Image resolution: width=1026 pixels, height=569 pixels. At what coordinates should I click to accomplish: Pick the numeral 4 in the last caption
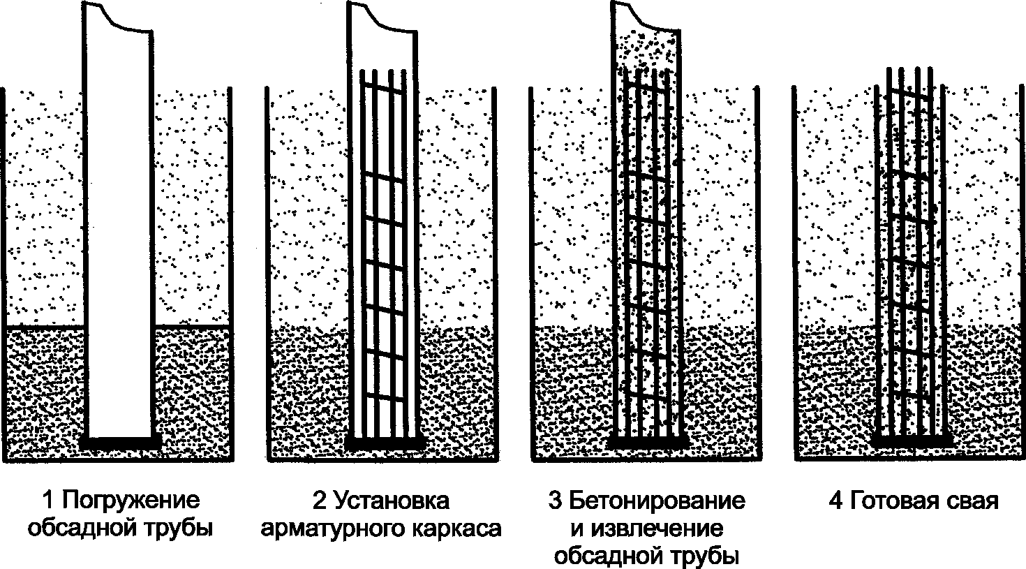(x=835, y=501)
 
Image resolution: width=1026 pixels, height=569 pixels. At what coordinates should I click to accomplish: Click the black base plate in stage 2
(x=386, y=443)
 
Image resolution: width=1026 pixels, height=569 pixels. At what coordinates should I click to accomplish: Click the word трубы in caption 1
(x=181, y=528)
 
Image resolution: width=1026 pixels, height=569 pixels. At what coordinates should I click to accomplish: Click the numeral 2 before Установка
(x=319, y=501)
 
